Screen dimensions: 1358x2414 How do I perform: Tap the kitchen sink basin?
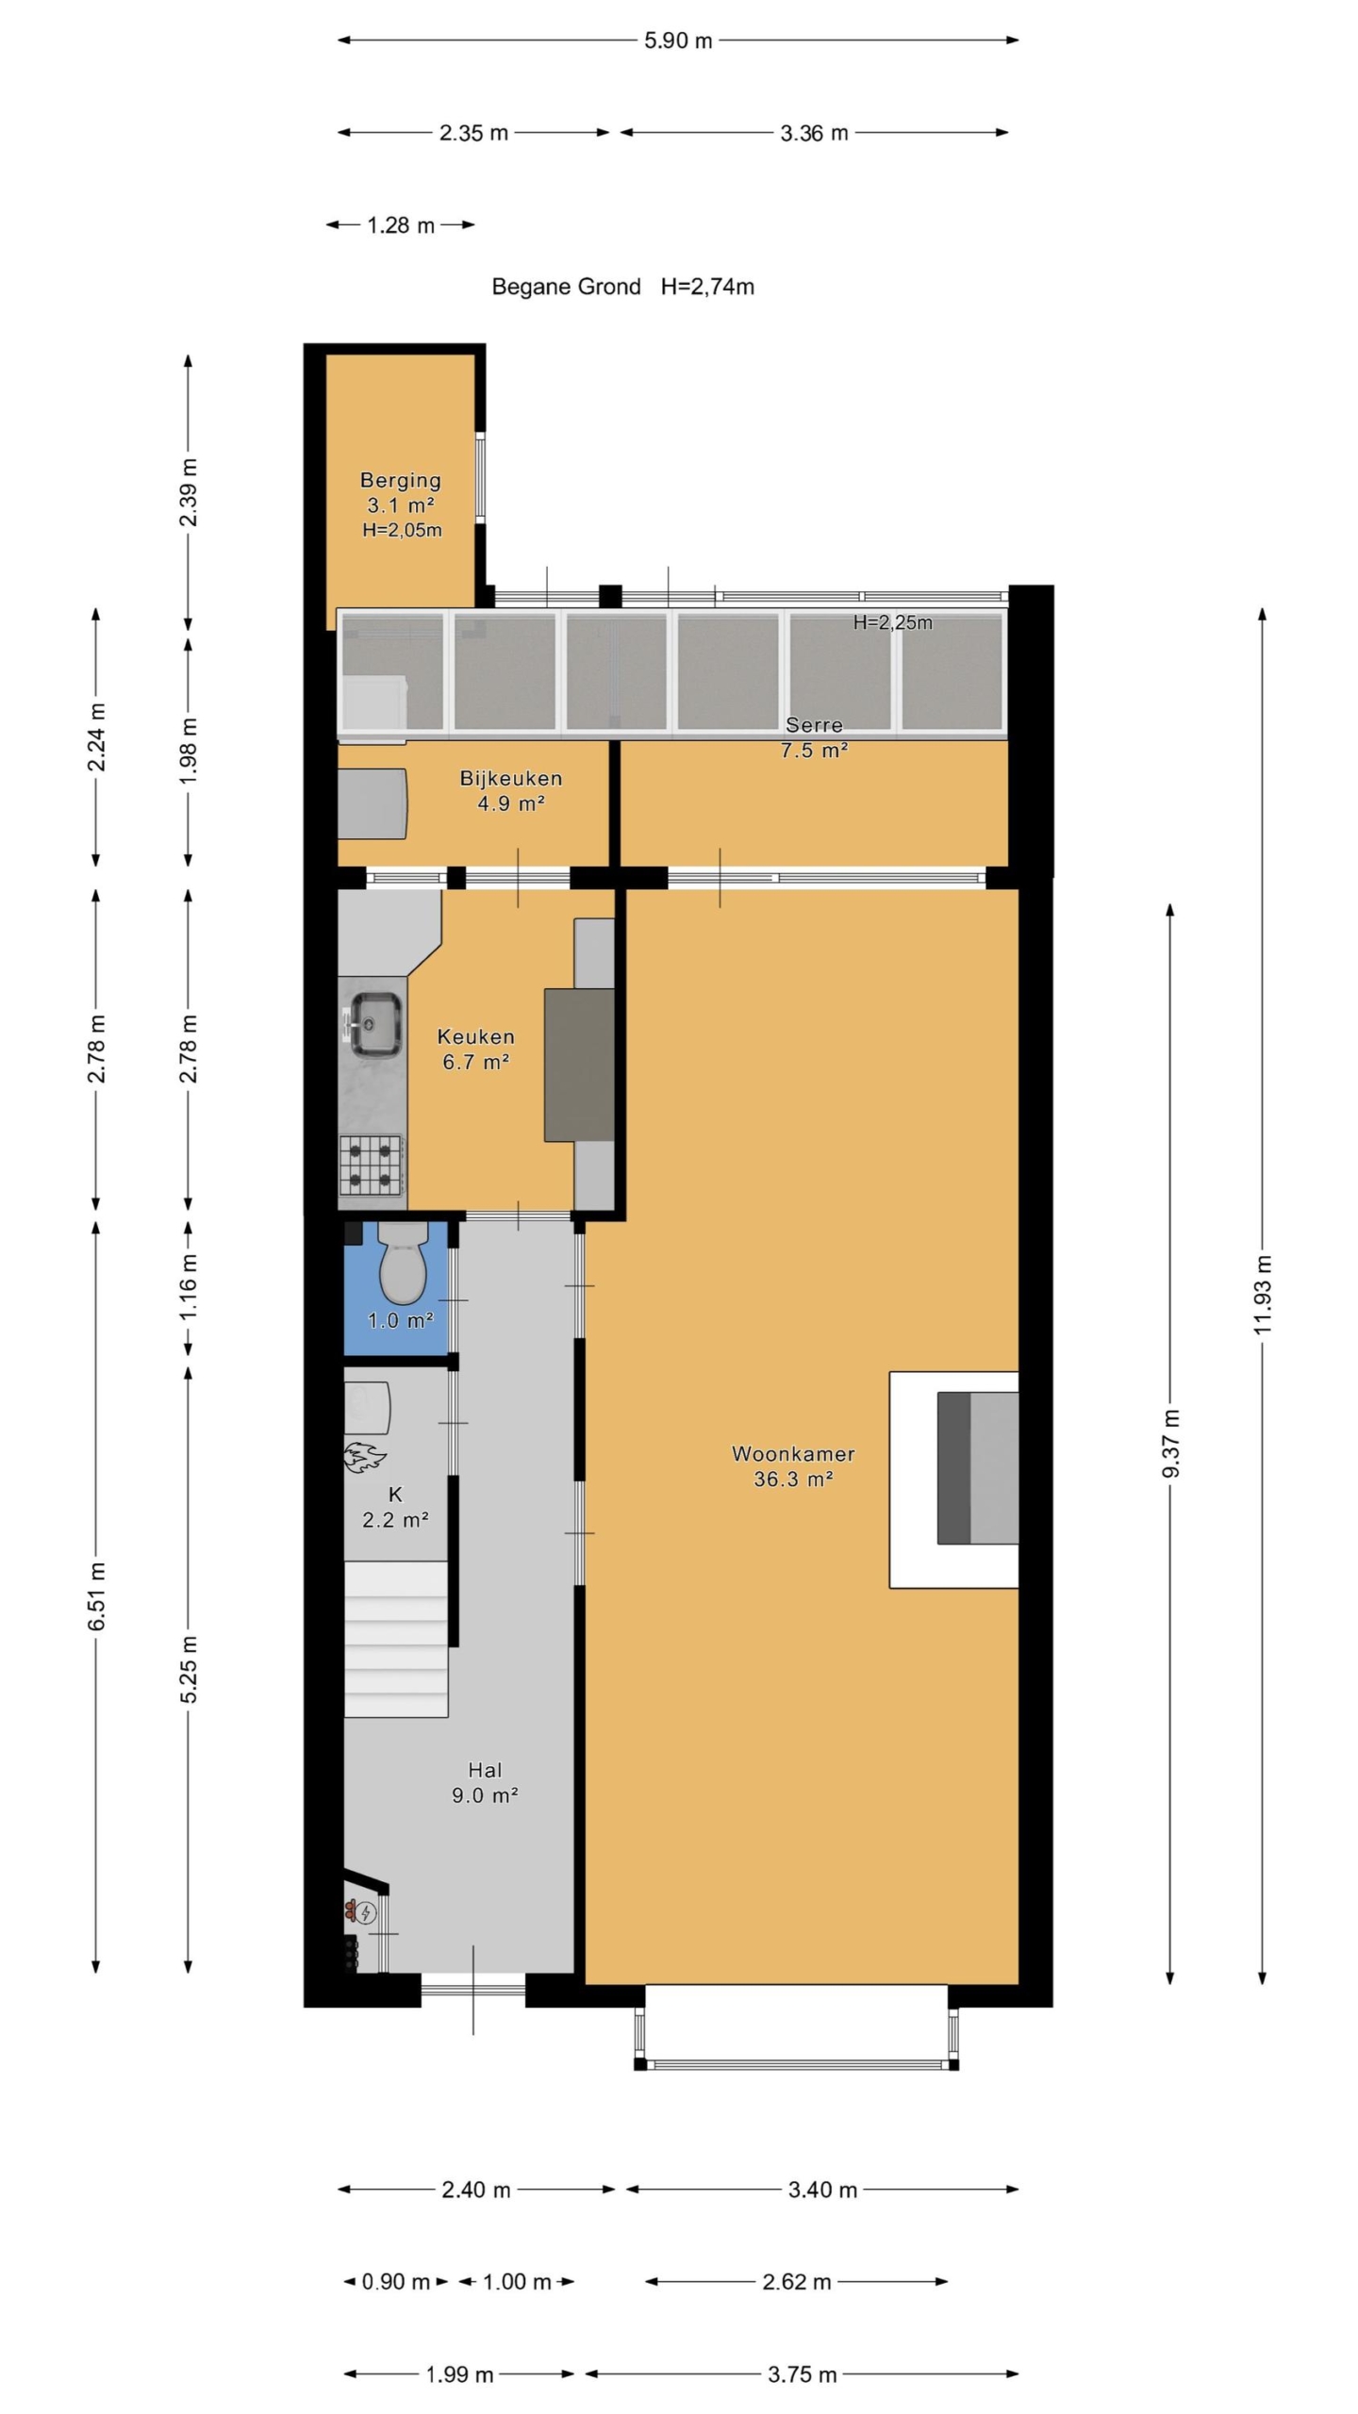pyautogui.click(x=376, y=1024)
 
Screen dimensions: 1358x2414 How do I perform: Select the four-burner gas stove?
pyautogui.click(x=373, y=1166)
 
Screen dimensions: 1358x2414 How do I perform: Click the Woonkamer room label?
pyautogui.click(x=793, y=1453)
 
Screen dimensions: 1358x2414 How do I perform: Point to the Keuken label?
pyautogui.click(x=475, y=1036)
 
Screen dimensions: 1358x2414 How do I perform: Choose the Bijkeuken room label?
pyautogui.click(x=511, y=778)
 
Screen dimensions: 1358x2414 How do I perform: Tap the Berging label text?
pyautogui.click(x=401, y=481)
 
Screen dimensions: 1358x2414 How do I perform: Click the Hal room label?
pyautogui.click(x=485, y=1770)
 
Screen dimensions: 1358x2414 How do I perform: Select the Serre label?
pyautogui.click(x=814, y=725)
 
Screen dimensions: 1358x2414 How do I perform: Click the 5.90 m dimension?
pyautogui.click(x=678, y=41)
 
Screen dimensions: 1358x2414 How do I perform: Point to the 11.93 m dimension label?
pyautogui.click(x=1263, y=1294)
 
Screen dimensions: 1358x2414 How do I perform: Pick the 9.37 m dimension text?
pyautogui.click(x=1170, y=1444)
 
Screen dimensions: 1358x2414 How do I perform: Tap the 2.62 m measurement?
pyautogui.click(x=797, y=2281)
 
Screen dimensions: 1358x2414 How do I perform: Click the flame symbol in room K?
pyautogui.click(x=364, y=1457)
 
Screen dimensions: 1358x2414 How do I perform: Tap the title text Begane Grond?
pyautogui.click(x=566, y=287)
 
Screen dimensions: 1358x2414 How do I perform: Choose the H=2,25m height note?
pyautogui.click(x=893, y=622)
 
